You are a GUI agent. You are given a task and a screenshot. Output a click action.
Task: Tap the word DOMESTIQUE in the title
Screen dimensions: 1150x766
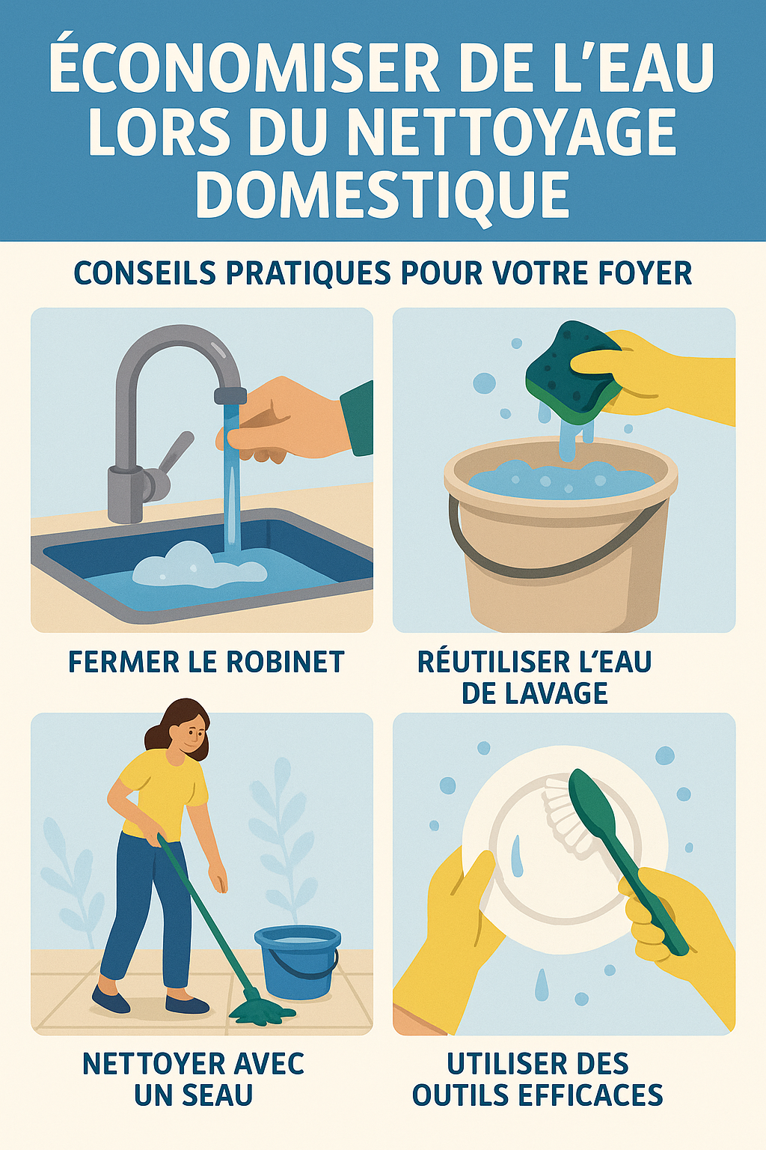point(382,193)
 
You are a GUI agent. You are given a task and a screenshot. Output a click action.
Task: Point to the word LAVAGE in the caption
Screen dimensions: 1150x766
point(534,693)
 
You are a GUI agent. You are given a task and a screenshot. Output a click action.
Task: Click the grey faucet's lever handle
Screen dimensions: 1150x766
point(174,453)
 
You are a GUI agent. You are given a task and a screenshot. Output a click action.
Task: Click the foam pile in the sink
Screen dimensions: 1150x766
point(198,566)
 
